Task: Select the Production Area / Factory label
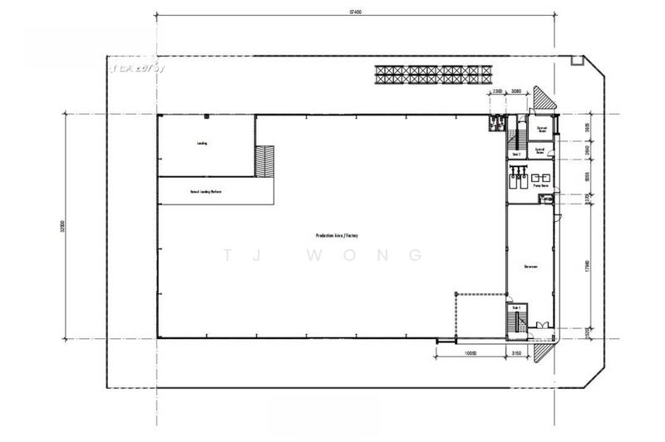pyautogui.click(x=337, y=236)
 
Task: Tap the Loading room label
pyautogui.click(x=202, y=143)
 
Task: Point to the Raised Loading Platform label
pyautogui.click(x=205, y=192)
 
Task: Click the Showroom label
pyautogui.click(x=532, y=267)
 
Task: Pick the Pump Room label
pyautogui.click(x=540, y=186)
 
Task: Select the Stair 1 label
pyautogui.click(x=516, y=307)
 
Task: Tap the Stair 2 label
pyautogui.click(x=516, y=155)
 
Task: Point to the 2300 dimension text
pyautogui.click(x=497, y=91)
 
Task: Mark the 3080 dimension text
pyautogui.click(x=515, y=91)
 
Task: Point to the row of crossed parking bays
pyautogui.click(x=431, y=75)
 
